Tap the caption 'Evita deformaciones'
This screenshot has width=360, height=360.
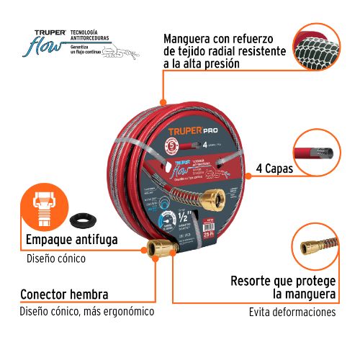pyautogui.click(x=292, y=312)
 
